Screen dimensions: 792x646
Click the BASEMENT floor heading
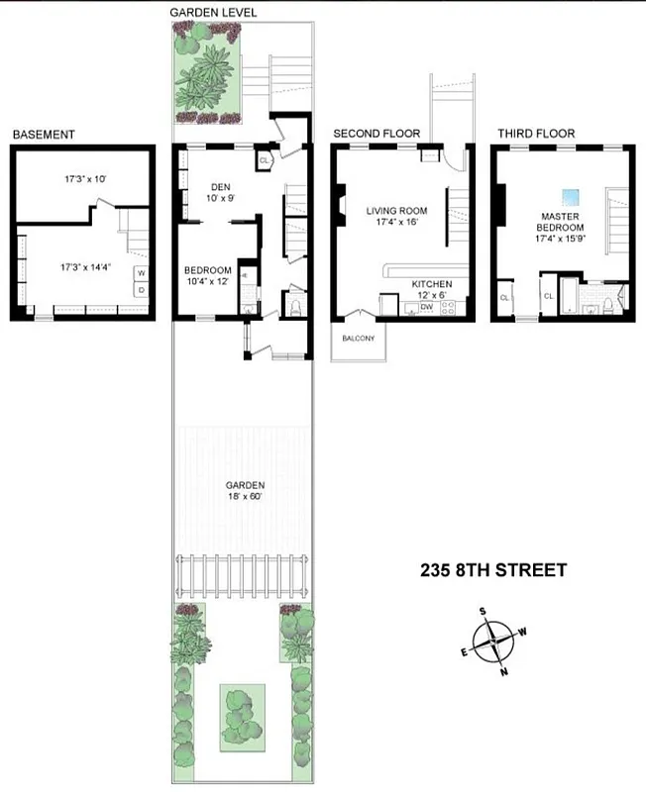pos(44,135)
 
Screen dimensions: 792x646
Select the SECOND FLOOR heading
pos(377,134)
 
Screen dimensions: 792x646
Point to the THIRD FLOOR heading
pos(536,134)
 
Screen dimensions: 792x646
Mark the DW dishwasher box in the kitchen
pos(427,308)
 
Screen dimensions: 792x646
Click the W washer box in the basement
pos(141,272)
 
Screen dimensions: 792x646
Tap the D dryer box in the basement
pos(141,289)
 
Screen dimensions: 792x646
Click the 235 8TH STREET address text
pos(493,569)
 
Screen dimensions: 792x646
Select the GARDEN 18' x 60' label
pos(244,490)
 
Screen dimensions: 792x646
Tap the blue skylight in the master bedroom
pos(570,195)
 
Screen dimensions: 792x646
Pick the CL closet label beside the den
pos(264,158)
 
